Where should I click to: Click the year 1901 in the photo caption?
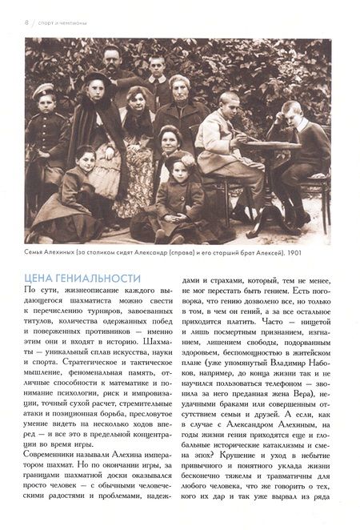pyautogui.click(x=325, y=253)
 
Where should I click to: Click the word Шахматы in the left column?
pyautogui.click(x=155, y=342)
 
